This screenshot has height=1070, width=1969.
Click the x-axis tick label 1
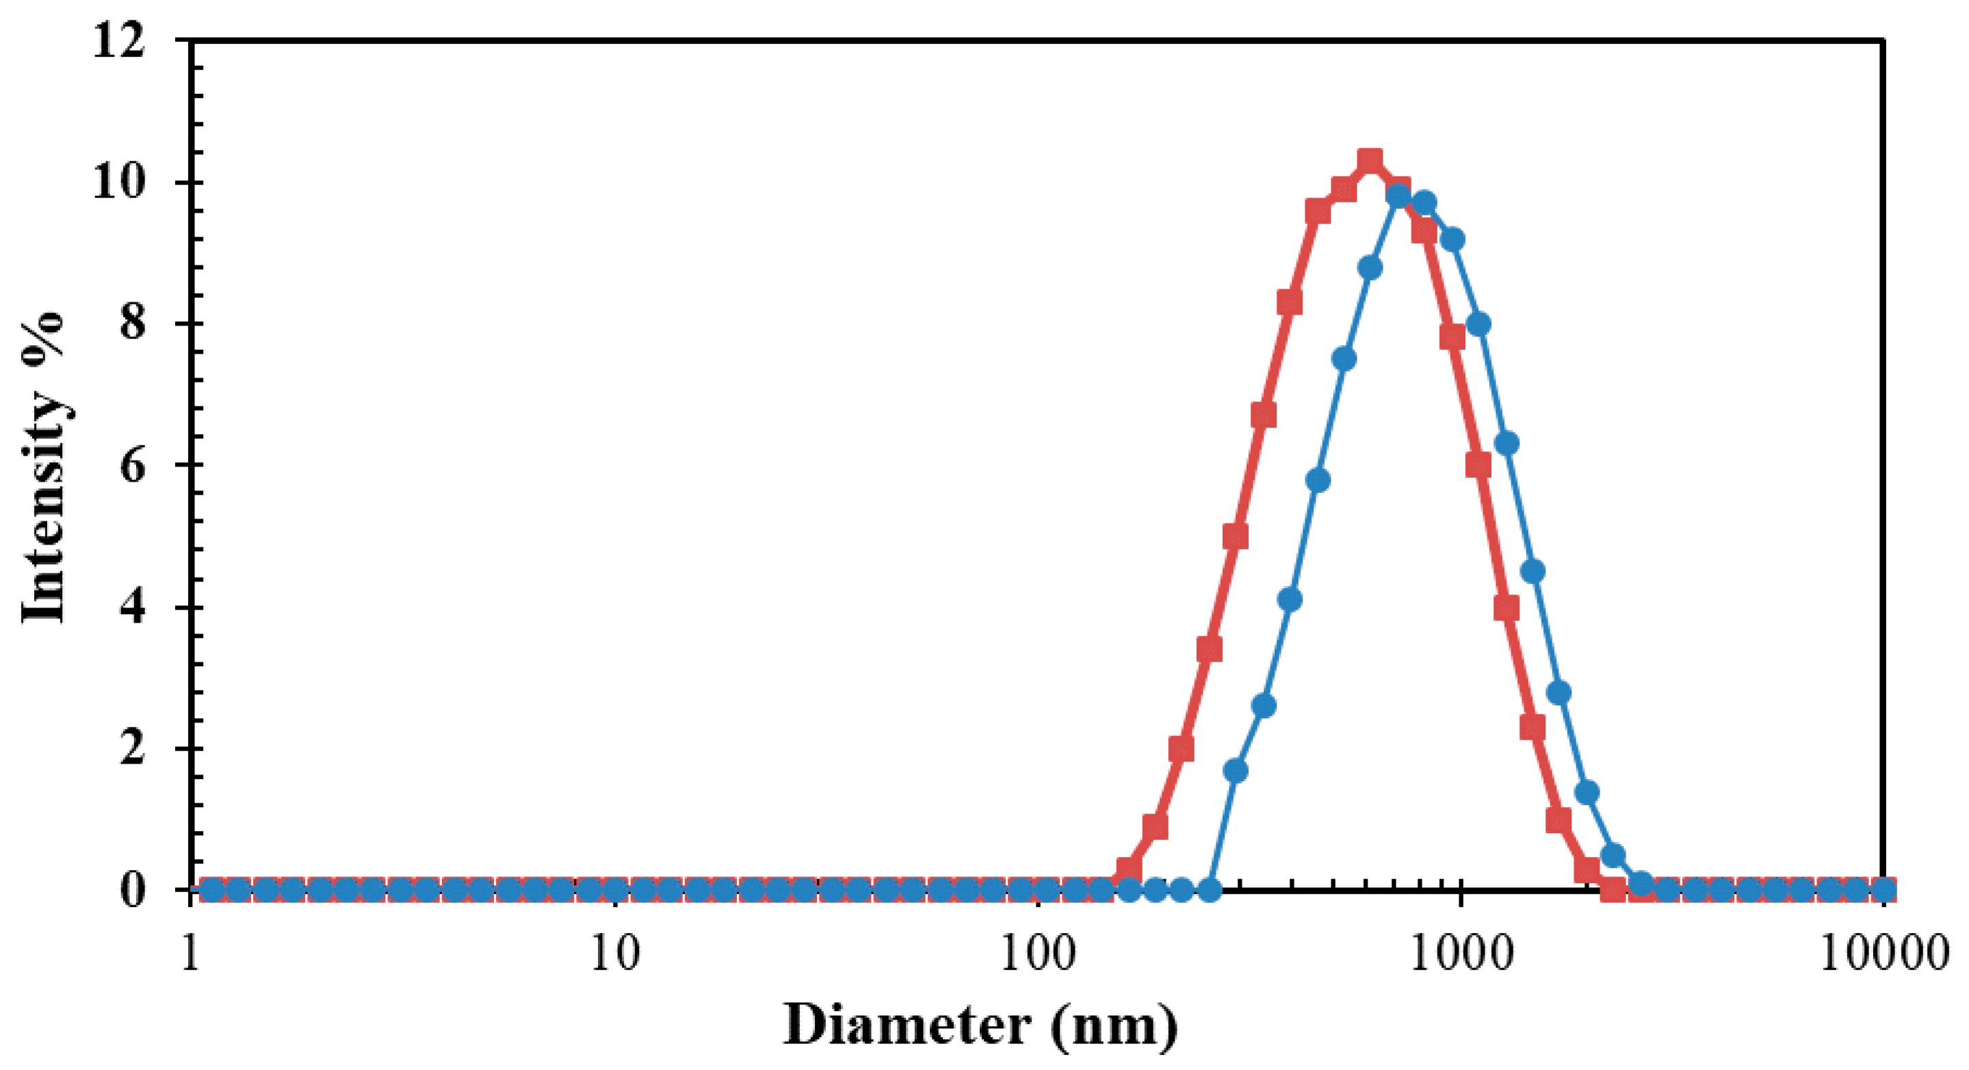(x=191, y=954)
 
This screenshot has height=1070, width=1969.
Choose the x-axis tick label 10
(x=615, y=954)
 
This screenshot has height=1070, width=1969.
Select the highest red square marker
(x=1370, y=161)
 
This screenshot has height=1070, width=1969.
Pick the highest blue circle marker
(x=1399, y=196)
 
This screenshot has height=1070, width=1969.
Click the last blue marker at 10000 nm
(x=1885, y=889)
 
